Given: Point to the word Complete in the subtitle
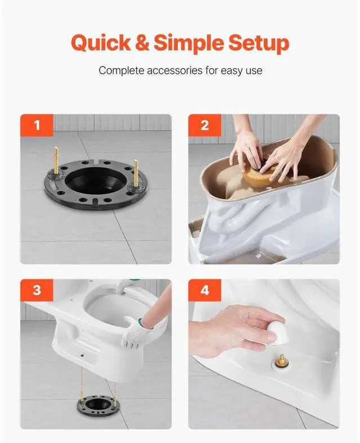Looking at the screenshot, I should pos(120,71).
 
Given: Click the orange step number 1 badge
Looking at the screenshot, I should pos(37,125).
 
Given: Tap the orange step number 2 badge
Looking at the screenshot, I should pos(204,125).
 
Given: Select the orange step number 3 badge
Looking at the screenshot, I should pos(37,290).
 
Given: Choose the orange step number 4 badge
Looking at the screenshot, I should pos(204,290).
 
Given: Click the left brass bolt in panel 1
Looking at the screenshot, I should pos(57,162).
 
